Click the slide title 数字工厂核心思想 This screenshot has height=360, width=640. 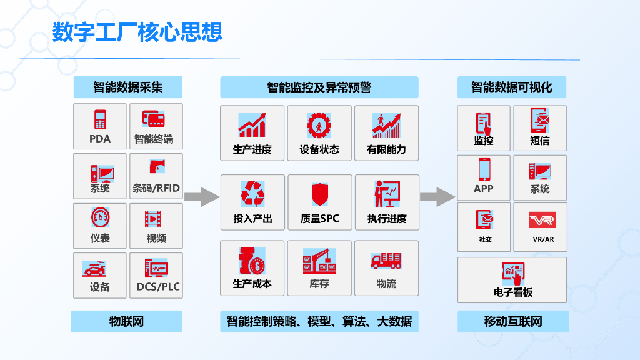(137, 32)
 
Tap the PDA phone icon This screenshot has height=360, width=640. (99, 119)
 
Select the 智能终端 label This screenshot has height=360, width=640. (154, 139)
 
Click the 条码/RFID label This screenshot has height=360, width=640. (156, 188)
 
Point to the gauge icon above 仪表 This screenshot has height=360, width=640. (100, 217)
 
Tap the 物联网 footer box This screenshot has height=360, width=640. (126, 322)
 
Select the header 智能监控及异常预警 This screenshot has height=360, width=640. (319, 87)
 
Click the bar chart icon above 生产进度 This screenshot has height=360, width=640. (252, 125)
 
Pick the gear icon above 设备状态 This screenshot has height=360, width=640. (319, 125)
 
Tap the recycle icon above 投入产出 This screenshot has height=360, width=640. (252, 194)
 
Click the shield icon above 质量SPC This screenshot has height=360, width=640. (319, 194)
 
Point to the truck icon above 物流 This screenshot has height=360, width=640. (386, 261)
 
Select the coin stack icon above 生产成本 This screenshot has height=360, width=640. (252, 261)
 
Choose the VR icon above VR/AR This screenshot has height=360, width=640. (541, 220)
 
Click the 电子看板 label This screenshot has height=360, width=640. (513, 292)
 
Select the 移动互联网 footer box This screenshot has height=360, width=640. (513, 322)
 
